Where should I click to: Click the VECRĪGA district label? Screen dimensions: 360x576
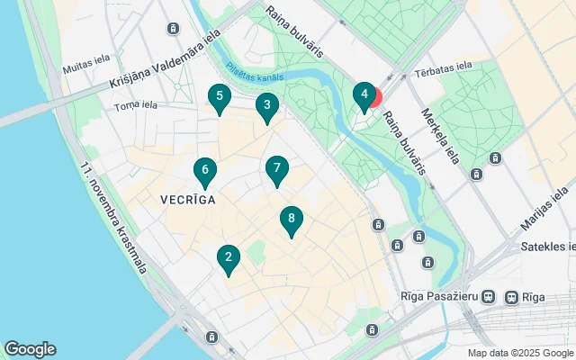point(188,200)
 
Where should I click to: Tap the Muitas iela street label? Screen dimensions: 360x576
point(86,68)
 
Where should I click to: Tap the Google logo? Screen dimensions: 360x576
point(30,349)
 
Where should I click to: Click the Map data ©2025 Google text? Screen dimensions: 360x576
point(519,353)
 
